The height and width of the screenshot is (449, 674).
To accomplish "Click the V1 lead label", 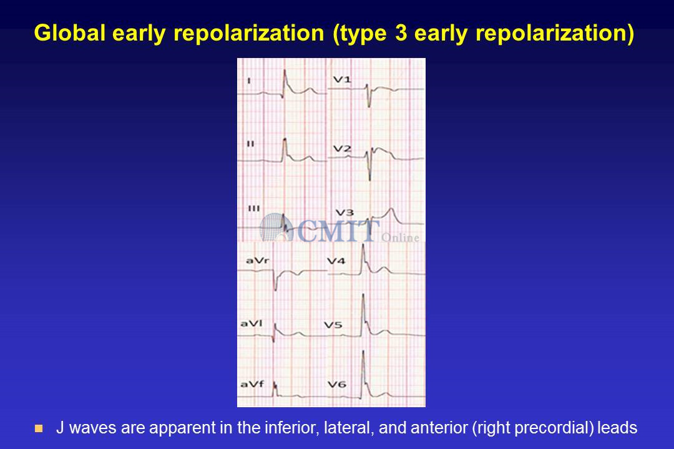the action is click(342, 79).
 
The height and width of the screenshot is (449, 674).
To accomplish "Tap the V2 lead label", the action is click(343, 148).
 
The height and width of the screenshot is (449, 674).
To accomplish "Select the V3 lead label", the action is click(344, 213).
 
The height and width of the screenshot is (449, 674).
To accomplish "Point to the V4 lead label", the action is click(336, 261).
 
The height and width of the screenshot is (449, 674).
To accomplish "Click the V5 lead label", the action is click(333, 325).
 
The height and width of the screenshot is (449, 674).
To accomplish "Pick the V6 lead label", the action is click(336, 384).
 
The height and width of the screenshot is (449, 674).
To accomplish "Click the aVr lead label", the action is click(258, 261).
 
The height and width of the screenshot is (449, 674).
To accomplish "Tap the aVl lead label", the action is click(252, 323).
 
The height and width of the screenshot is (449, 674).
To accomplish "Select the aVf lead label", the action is click(252, 384).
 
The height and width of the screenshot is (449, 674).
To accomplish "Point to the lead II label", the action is click(251, 144).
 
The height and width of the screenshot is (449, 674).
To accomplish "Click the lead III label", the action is click(254, 208).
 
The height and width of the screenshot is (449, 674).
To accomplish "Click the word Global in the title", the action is click(70, 32).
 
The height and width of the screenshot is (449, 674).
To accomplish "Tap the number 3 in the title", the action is click(401, 32).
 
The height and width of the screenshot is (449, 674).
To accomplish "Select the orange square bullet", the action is click(39, 428).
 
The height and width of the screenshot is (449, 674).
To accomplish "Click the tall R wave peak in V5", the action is click(363, 295).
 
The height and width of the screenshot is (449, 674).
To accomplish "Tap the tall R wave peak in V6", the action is click(363, 352).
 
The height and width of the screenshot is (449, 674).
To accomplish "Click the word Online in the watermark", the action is click(400, 238).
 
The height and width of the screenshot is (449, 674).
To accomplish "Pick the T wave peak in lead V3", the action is click(391, 209).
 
